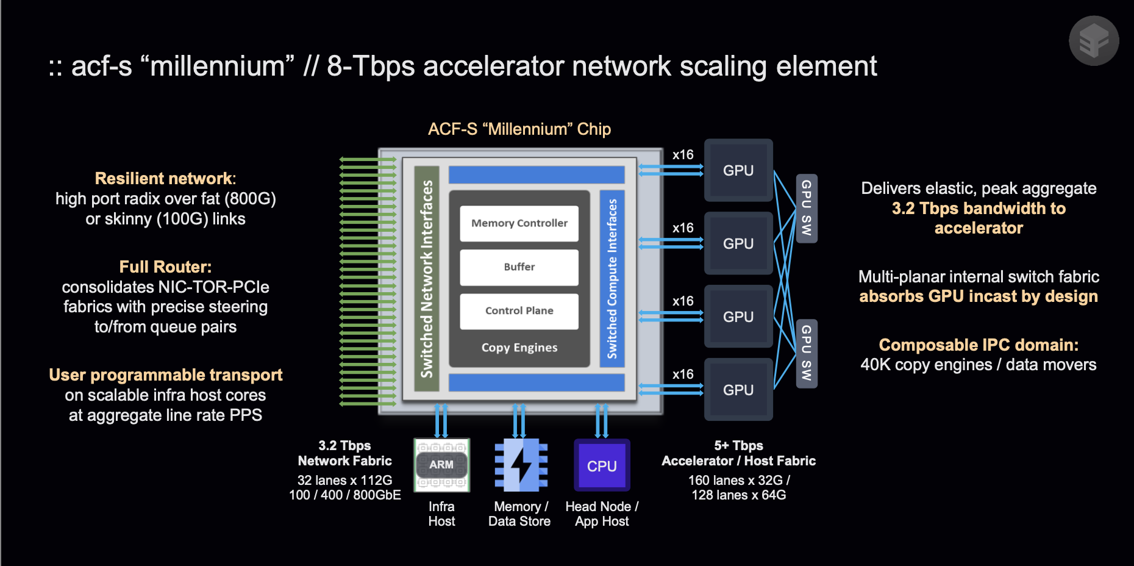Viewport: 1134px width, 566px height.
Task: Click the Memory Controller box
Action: (519, 223)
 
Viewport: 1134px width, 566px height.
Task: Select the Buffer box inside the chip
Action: (519, 267)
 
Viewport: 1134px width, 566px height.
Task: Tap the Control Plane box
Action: (519, 311)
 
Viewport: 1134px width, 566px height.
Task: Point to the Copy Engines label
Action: (519, 348)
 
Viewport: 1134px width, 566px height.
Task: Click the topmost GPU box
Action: (738, 171)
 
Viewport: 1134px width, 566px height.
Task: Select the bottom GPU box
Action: (738, 390)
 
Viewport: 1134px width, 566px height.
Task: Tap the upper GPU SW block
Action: (806, 208)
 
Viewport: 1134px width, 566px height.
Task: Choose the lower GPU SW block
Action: (806, 353)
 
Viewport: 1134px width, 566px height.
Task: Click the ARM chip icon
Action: (441, 465)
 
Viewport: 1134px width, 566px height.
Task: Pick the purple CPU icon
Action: (602, 465)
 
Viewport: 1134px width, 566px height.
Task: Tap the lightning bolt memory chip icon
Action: (521, 465)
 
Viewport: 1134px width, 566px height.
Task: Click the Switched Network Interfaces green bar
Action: (427, 279)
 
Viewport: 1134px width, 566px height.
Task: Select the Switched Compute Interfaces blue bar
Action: (612, 279)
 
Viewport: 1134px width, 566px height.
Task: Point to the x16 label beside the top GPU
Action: (683, 155)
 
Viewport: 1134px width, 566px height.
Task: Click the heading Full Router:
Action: (165, 267)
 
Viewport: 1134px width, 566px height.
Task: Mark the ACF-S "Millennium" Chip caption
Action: (519, 129)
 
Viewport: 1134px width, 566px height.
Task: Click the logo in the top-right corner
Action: (1094, 41)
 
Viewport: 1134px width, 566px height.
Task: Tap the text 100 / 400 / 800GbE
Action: (344, 495)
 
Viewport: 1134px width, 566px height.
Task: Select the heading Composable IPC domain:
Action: (978, 345)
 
